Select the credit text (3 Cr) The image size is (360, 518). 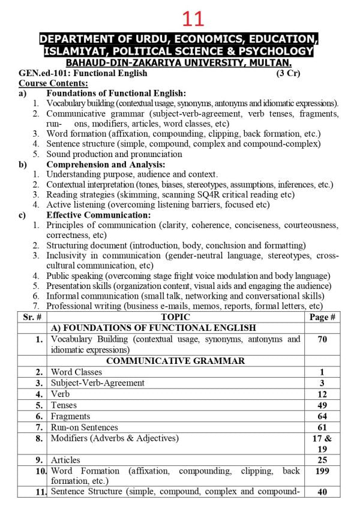point(288,73)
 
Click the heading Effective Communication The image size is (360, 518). point(98,215)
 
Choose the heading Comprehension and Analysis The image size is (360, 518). point(106,164)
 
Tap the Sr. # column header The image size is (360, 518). point(31,317)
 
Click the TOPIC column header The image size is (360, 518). point(176,317)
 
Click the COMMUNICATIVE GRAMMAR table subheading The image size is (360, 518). point(175,361)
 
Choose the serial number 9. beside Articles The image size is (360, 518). point(40,460)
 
